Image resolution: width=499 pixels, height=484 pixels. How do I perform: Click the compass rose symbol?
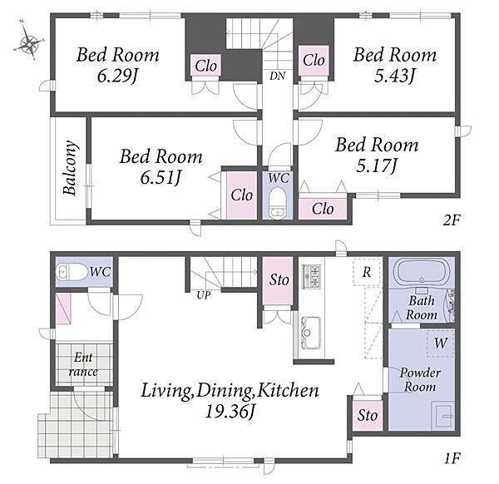click(x=29, y=41)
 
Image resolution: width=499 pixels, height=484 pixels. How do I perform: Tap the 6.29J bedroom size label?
click(x=117, y=77)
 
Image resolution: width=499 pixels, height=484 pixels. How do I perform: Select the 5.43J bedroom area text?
click(x=394, y=77)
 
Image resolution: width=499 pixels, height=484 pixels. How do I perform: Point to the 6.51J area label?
click(x=161, y=178)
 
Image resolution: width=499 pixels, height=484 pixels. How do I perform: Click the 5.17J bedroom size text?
click(x=377, y=165)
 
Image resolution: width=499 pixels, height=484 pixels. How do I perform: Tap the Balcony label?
click(x=70, y=168)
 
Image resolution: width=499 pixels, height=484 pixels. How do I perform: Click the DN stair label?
click(x=278, y=76)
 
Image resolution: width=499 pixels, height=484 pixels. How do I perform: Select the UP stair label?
click(x=204, y=295)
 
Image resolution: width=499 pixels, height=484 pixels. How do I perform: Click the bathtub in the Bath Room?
click(x=422, y=270)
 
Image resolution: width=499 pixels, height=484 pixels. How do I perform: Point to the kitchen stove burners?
click(x=311, y=276)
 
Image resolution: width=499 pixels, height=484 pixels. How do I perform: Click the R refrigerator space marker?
click(x=367, y=272)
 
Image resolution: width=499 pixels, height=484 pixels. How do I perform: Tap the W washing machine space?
click(x=441, y=343)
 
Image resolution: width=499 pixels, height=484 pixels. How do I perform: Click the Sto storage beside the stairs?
click(x=279, y=280)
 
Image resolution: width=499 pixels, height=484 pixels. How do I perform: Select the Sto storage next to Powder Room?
click(x=368, y=415)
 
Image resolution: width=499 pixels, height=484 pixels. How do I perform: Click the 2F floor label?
click(x=452, y=220)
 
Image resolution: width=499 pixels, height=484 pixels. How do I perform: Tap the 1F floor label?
click(x=452, y=458)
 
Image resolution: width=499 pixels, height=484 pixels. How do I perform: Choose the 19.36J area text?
click(x=230, y=412)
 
